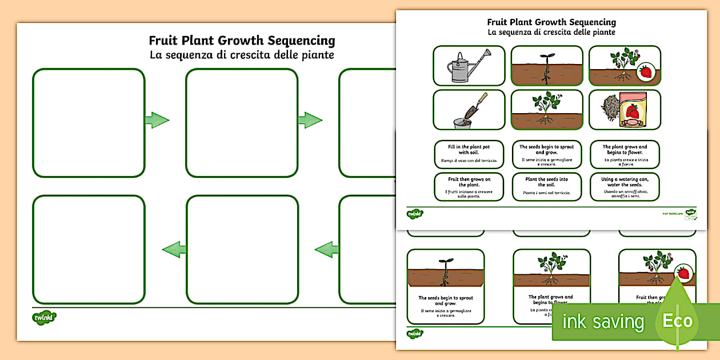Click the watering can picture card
coord(469,66)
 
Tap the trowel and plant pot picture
coord(469,110)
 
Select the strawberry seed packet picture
coord(625,110)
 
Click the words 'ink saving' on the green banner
coord(602,322)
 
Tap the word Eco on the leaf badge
coord(677,321)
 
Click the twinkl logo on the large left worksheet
coord(44,317)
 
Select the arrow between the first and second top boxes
coord(157,120)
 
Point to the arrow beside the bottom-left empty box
coord(174,249)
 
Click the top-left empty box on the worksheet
coord(89,123)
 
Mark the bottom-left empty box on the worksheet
coord(89,250)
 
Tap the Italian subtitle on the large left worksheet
coord(242,55)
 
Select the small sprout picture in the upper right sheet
coord(547,66)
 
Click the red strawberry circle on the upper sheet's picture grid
coord(645,72)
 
